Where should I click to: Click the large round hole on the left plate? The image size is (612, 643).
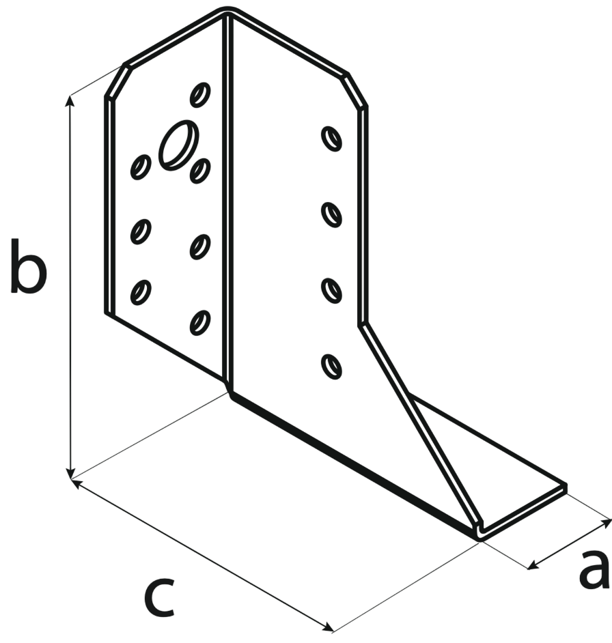[x=179, y=144]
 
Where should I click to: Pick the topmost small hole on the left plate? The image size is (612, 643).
[x=200, y=94]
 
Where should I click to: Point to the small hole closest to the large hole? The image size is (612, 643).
[x=199, y=170]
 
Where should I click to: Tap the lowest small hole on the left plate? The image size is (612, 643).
[x=200, y=321]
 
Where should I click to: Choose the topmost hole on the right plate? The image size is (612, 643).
[x=332, y=138]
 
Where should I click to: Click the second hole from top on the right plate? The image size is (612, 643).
[x=332, y=214]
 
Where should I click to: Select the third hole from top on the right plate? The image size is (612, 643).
[x=332, y=290]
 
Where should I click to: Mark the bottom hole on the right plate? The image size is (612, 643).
[x=332, y=366]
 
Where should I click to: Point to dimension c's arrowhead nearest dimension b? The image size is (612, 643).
[x=76, y=484]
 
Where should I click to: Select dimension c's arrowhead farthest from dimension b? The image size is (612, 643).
[x=330, y=628]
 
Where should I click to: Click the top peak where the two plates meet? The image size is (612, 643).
[x=228, y=12]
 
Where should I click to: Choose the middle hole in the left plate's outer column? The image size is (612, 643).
[x=141, y=231]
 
